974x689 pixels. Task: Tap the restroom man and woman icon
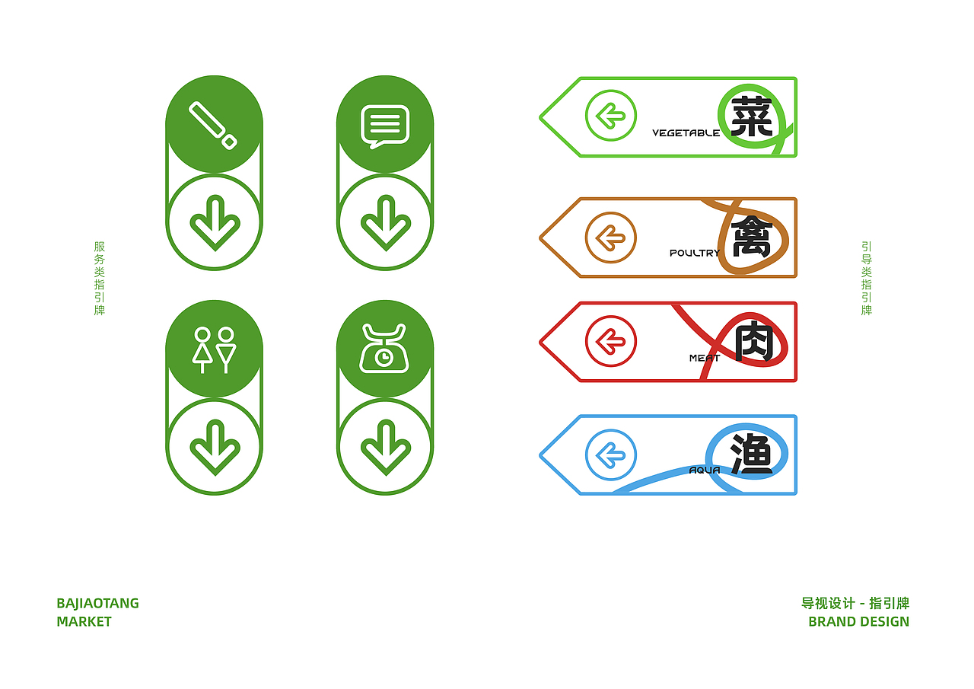coord(214,349)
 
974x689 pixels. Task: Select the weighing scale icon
coord(384,349)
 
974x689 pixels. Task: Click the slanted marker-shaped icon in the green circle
coord(213,125)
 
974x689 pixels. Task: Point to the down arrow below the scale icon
coord(385,447)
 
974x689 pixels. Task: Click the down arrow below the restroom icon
coord(215,447)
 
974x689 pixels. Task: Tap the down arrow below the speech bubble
coord(385,222)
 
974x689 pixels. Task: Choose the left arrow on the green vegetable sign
coord(610,116)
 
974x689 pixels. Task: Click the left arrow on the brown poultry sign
coord(610,238)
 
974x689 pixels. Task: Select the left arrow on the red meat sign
coord(610,341)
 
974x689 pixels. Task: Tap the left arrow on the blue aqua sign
coord(610,455)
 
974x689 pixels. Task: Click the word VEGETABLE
coord(686,133)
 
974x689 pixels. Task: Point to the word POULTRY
coord(694,253)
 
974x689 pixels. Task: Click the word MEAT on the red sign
coord(704,358)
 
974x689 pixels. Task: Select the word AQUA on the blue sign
coord(704,470)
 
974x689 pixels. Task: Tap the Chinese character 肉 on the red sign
coord(753,342)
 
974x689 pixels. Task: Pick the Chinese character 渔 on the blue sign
coord(752,455)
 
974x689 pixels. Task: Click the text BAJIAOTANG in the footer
coord(97,604)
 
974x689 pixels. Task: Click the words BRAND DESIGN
coord(858,621)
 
